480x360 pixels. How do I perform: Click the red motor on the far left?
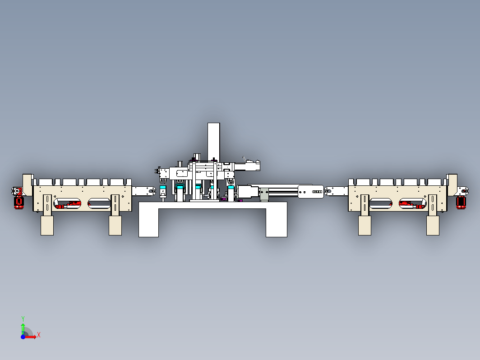[x=18, y=203]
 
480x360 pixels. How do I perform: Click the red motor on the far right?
[x=461, y=203]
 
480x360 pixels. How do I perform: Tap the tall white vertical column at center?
[x=214, y=142]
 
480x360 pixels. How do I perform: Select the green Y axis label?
[x=23, y=319]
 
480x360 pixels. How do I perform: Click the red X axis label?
[x=39, y=335]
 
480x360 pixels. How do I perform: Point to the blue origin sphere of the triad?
[x=23, y=337]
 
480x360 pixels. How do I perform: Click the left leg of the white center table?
[x=148, y=222]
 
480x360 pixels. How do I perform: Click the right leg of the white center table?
[x=277, y=222]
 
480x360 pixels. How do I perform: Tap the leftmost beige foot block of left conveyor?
[x=47, y=226]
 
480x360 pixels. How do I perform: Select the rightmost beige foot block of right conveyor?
[x=433, y=226]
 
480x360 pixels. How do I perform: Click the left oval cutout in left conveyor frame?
[x=67, y=203]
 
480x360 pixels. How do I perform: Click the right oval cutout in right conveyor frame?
[x=413, y=203]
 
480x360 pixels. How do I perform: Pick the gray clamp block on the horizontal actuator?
[x=264, y=195]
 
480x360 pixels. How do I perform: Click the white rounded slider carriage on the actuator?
[x=311, y=192]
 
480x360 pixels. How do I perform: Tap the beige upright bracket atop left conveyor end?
[x=28, y=185]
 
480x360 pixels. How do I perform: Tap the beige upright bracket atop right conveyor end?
[x=452, y=185]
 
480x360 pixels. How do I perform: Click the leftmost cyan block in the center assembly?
[x=163, y=187]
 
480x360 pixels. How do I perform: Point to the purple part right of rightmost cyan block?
[x=240, y=201]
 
